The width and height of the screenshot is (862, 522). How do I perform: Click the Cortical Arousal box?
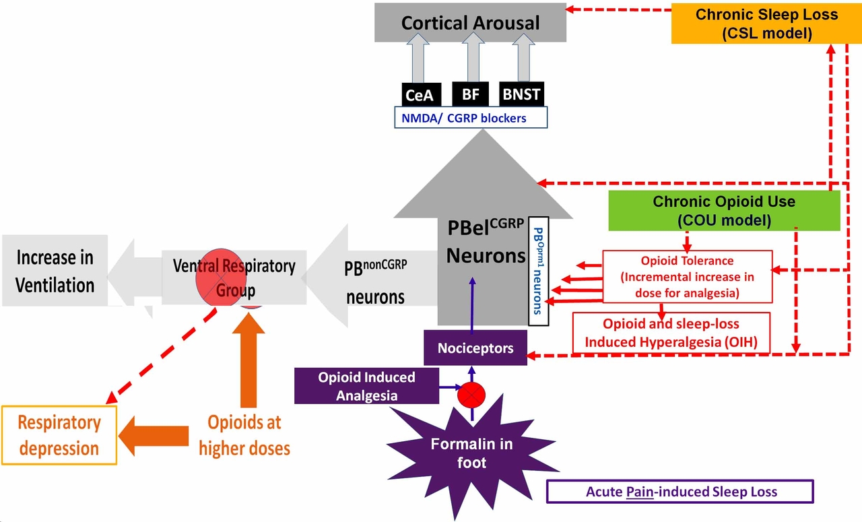tap(470, 23)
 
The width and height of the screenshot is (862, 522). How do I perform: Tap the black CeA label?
tap(419, 94)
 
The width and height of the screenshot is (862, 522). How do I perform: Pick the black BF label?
tap(470, 94)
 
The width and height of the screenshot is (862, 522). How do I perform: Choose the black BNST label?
tap(521, 94)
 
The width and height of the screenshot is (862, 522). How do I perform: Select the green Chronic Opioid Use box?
tap(724, 210)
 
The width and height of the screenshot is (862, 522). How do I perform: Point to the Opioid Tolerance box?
tap(687, 277)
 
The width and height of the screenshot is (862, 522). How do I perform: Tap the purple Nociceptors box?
tap(475, 348)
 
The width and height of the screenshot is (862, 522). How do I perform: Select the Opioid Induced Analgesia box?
tap(367, 387)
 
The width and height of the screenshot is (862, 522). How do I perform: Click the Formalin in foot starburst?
tap(471, 453)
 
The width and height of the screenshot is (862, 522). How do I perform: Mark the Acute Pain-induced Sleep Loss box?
tap(680, 491)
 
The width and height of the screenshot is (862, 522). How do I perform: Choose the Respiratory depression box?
tap(59, 435)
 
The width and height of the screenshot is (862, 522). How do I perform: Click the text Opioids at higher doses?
tap(244, 435)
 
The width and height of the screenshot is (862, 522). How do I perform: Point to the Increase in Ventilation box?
tap(55, 271)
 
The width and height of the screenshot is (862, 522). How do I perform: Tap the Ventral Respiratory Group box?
tap(234, 278)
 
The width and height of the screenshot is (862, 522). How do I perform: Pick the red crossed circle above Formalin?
tap(471, 394)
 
